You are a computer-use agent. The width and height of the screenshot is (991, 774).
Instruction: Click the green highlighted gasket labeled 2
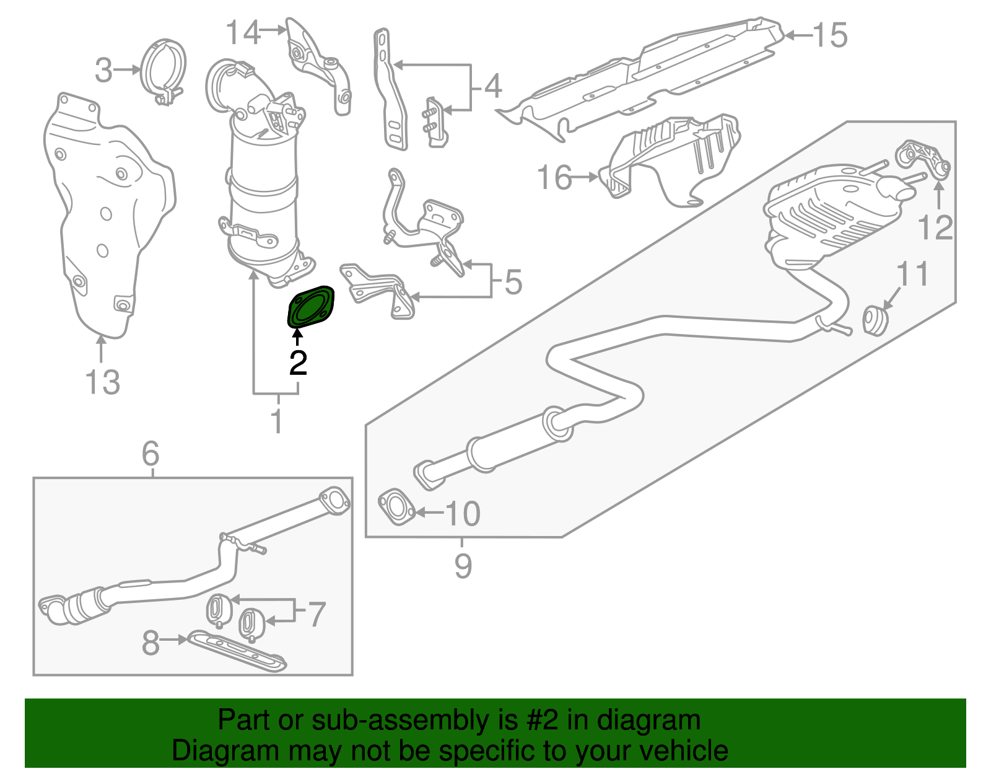310,307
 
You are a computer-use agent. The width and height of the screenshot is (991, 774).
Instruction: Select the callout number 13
103,382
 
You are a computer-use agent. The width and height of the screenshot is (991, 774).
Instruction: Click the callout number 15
829,35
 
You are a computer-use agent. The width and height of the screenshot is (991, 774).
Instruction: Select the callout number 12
935,227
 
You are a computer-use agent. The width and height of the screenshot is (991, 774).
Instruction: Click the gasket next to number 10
396,508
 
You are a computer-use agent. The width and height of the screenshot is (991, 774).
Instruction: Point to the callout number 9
463,565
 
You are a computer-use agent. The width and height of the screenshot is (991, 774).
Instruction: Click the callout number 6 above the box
151,454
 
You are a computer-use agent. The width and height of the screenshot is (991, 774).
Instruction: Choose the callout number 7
316,613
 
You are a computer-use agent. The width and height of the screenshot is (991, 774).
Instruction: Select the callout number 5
513,282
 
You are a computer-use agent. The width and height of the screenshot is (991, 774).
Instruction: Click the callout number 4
492,86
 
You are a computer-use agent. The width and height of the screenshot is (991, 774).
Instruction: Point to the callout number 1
277,421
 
